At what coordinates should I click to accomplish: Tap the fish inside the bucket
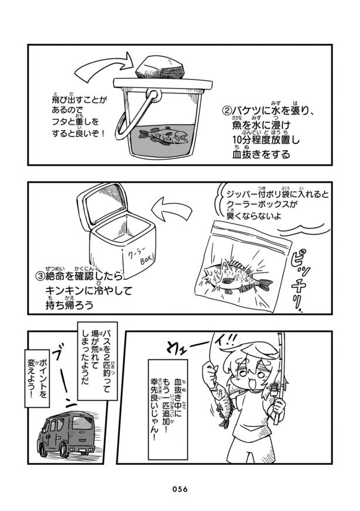(x=163, y=136)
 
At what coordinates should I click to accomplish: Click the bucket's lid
(x=163, y=84)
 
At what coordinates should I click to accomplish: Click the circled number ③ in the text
(x=39, y=276)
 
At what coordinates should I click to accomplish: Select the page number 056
(x=180, y=489)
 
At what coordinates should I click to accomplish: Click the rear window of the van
(x=82, y=423)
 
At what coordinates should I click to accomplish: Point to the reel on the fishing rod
(x=275, y=389)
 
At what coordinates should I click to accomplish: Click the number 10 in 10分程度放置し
(x=238, y=140)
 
